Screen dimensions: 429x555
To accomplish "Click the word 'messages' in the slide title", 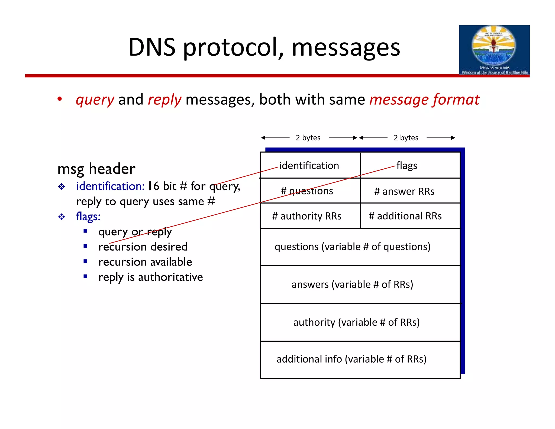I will (346, 48).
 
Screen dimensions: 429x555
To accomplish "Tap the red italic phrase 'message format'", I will (424, 100).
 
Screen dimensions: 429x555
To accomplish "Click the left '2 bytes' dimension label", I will (308, 138).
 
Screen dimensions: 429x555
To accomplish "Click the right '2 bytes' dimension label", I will (406, 138).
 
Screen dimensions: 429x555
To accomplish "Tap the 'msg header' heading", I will (96, 169).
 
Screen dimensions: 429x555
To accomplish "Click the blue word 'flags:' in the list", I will (88, 217).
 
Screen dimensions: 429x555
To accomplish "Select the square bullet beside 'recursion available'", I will (86, 261).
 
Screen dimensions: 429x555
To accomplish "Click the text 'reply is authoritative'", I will (150, 277).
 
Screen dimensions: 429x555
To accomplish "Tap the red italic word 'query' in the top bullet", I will (95, 100).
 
